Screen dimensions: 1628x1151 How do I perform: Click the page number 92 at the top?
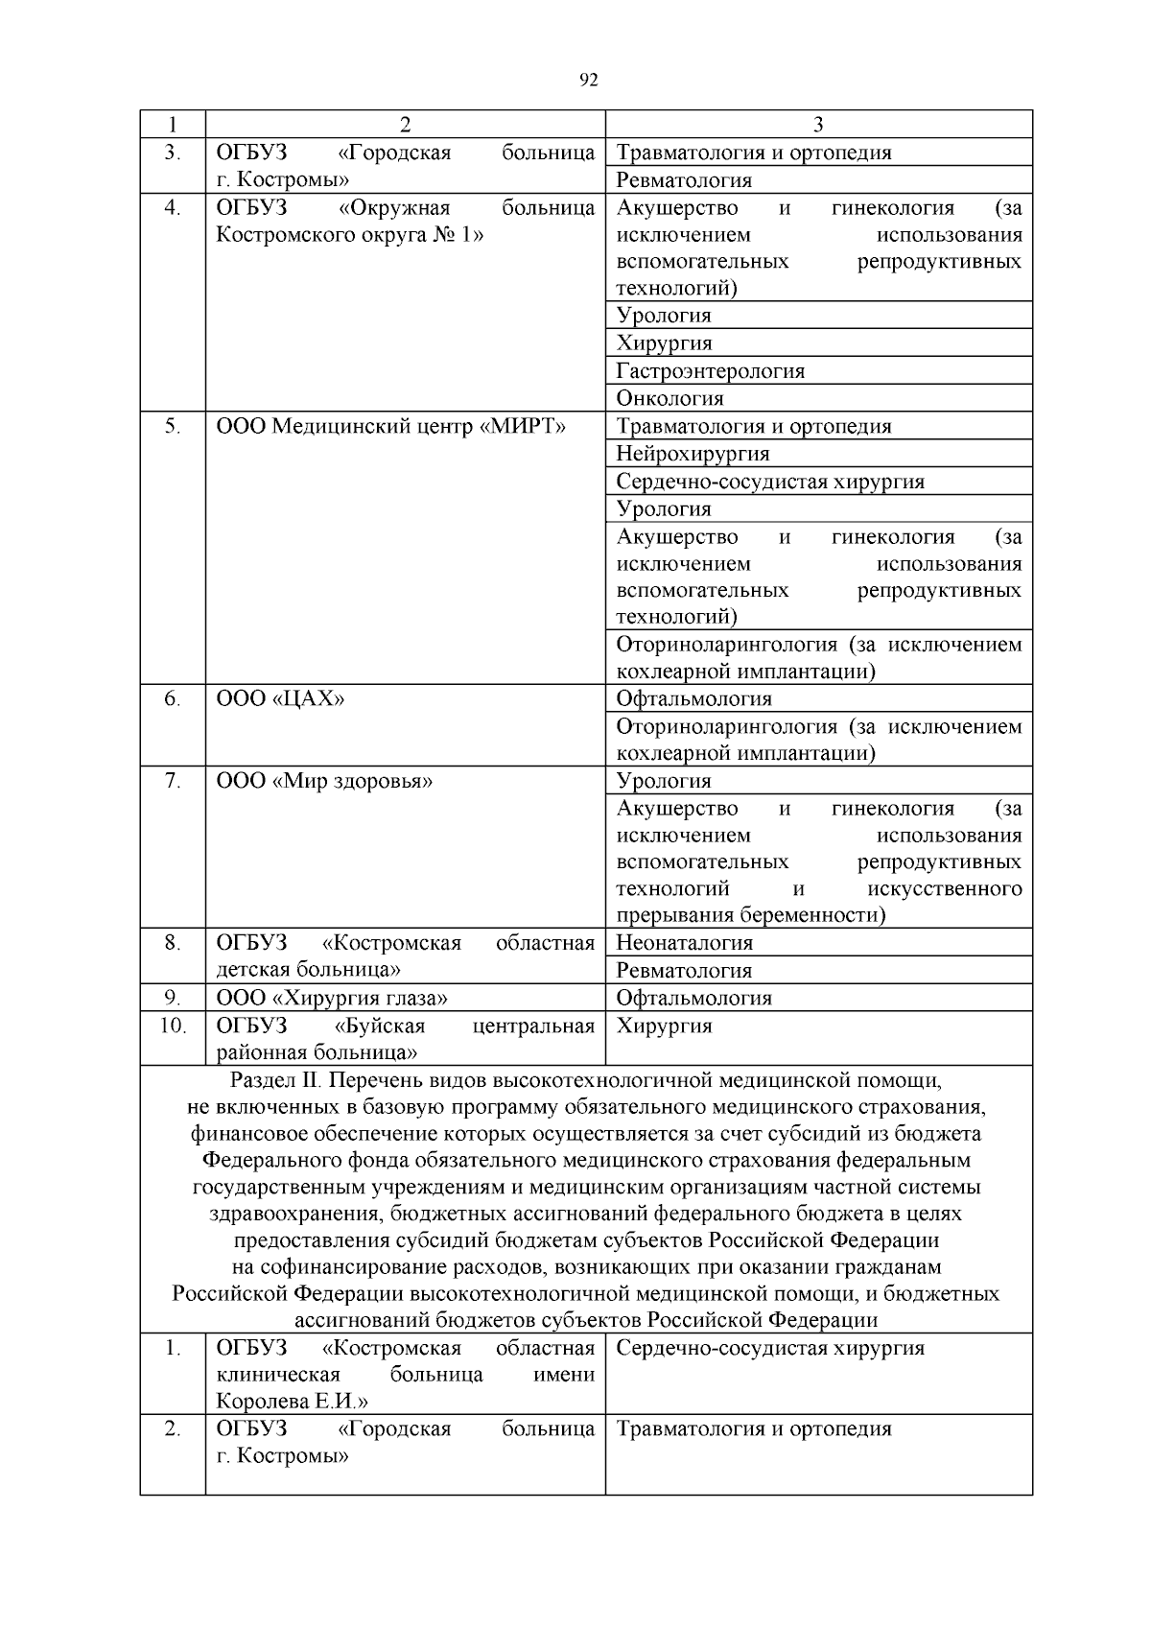coord(589,81)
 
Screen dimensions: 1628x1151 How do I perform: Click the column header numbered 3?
coord(818,125)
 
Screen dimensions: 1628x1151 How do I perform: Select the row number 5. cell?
coord(172,427)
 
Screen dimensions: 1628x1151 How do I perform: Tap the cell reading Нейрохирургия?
coord(693,454)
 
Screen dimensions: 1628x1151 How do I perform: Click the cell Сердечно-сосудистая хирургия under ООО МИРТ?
coord(770,482)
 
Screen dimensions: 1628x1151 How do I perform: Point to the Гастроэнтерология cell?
coord(710,371)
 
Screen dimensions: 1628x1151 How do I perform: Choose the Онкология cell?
coord(669,398)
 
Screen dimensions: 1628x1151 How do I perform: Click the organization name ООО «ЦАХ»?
coord(280,699)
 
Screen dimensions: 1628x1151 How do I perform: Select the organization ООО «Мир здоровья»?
coord(324,782)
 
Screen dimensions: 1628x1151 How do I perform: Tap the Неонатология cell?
coord(684,943)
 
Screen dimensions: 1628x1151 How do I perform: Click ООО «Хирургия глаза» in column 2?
coord(332,999)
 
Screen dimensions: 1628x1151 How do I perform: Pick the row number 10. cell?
coord(172,1026)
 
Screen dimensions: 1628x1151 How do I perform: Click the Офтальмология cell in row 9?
coord(693,999)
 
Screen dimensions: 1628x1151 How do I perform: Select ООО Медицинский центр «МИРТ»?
coord(390,427)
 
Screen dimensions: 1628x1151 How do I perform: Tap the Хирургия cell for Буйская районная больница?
coord(664,1026)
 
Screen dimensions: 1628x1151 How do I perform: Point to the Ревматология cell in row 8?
coord(684,971)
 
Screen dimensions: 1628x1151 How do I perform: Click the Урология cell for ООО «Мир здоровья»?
coord(664,782)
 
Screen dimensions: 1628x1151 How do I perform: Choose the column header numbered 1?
coord(172,125)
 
